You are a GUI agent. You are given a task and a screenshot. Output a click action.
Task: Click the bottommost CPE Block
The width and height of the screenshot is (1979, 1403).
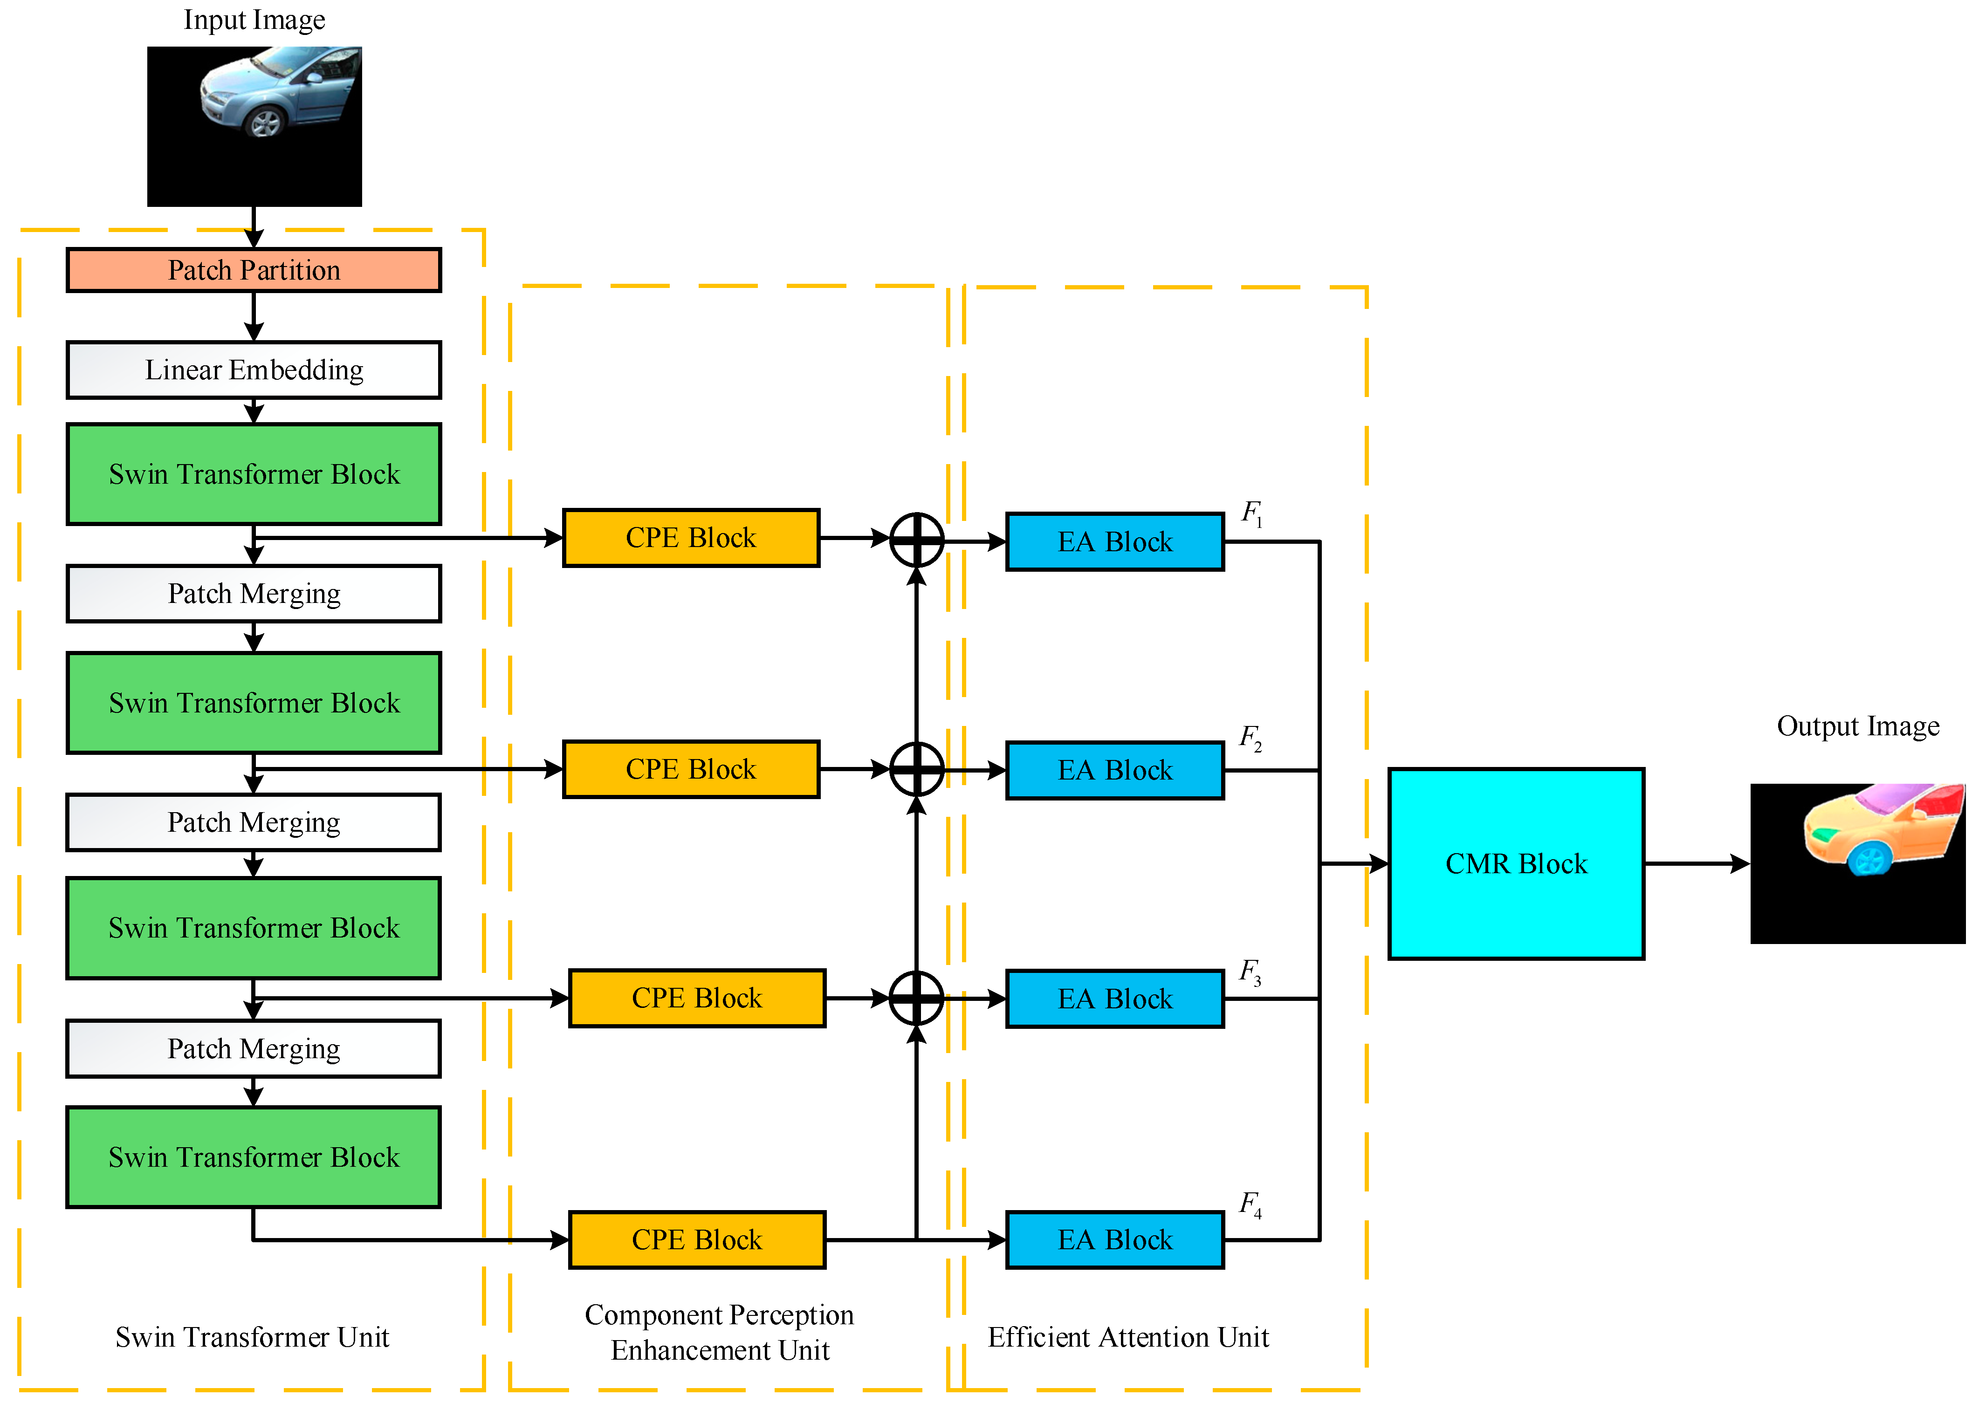tap(696, 1240)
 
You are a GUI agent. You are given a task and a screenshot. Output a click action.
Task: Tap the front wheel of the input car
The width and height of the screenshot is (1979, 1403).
tap(264, 123)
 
